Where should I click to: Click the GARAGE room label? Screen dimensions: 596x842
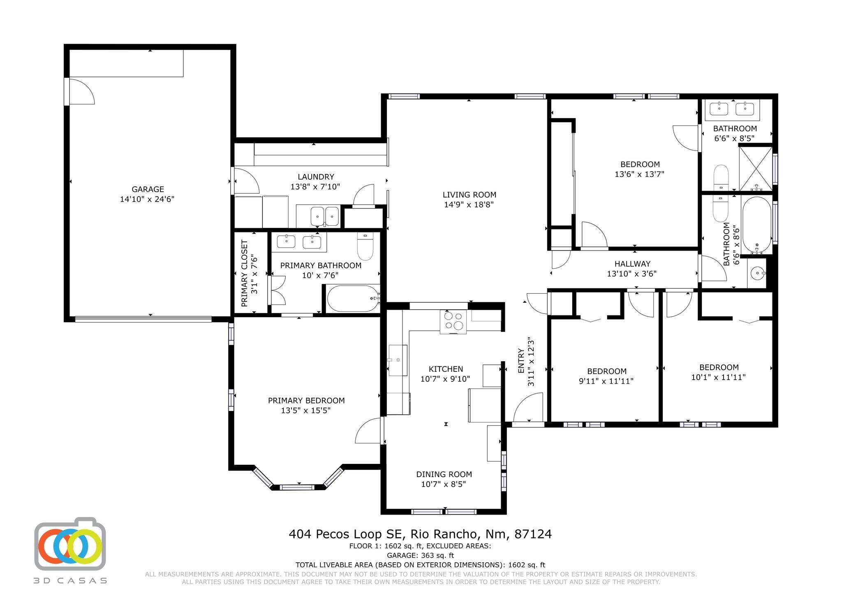click(148, 189)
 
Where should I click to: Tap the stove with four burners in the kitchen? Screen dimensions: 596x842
click(453, 321)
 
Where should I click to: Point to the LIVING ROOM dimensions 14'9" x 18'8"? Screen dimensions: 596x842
click(469, 204)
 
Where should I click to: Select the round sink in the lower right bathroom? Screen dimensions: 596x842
click(756, 273)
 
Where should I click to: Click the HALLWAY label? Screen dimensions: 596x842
click(632, 264)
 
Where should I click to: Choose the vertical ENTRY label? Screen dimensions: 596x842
click(521, 361)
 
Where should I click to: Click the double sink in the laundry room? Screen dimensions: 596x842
click(324, 216)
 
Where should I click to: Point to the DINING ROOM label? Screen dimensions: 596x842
click(444, 474)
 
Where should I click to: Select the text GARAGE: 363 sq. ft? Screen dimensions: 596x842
click(420, 555)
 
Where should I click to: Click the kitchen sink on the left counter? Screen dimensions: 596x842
click(398, 360)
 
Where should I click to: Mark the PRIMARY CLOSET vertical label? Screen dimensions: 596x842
click(244, 274)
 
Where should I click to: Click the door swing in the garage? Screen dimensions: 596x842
click(81, 91)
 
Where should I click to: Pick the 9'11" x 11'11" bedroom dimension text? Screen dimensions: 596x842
click(606, 381)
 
